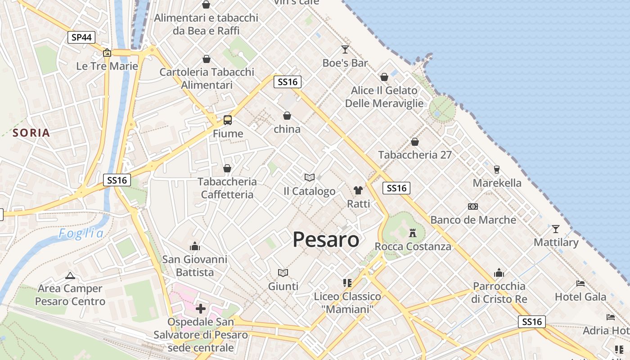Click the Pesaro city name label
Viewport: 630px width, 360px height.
pyautogui.click(x=326, y=239)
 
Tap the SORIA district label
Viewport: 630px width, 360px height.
pyautogui.click(x=31, y=133)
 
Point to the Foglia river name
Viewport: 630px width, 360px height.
pyautogui.click(x=81, y=234)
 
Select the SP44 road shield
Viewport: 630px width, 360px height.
pyautogui.click(x=81, y=37)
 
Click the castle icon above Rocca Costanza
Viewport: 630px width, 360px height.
pyautogui.click(x=413, y=233)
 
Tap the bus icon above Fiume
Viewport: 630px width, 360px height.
pyautogui.click(x=228, y=120)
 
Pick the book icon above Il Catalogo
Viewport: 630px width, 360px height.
pyautogui.click(x=309, y=178)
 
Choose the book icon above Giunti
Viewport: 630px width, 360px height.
pyautogui.click(x=283, y=273)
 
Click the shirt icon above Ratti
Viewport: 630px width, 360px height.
pyautogui.click(x=358, y=190)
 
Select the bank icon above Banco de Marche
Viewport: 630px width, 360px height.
pyautogui.click(x=473, y=207)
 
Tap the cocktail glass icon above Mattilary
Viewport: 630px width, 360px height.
pyautogui.click(x=556, y=229)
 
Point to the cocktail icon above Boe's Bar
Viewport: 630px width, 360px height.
pyautogui.click(x=345, y=49)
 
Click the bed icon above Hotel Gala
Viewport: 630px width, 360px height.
pyautogui.click(x=580, y=283)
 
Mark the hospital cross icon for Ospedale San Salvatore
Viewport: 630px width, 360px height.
pyautogui.click(x=201, y=309)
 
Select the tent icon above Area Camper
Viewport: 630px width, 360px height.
pyautogui.click(x=70, y=275)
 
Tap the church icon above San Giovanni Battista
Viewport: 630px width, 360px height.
pyautogui.click(x=195, y=246)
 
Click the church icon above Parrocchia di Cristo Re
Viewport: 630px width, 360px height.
pyautogui.click(x=499, y=273)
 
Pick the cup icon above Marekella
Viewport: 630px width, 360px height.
pyautogui.click(x=497, y=170)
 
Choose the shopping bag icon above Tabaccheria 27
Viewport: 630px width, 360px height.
pyautogui.click(x=415, y=142)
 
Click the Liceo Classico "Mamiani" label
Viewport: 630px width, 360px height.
pyautogui.click(x=347, y=303)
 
